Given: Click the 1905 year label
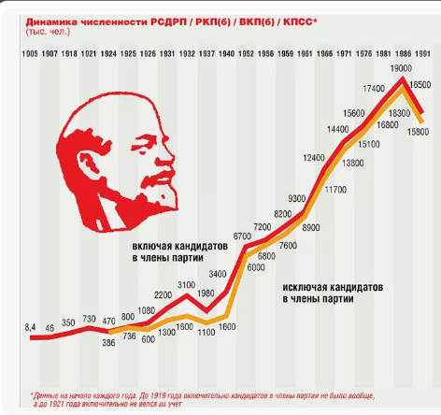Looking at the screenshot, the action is point(30,54).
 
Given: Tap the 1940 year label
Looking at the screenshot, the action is point(226,54).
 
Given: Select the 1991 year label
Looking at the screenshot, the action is point(422,54).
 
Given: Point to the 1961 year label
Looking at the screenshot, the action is point(305,54).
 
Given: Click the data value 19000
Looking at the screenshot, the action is point(401,68).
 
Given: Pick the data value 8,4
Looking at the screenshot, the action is point(30,327).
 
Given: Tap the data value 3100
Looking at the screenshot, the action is point(186,285).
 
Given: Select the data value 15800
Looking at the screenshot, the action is point(418,132).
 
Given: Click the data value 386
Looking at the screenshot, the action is point(108,343).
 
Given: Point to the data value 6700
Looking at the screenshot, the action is point(242,236).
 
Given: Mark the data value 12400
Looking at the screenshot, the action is point(314,158).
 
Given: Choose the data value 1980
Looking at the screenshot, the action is point(206,293).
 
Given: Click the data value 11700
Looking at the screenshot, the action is point(335,190).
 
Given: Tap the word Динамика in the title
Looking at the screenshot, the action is point(51,22).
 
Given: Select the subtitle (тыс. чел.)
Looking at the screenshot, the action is point(48,32).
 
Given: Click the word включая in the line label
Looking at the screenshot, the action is point(151,246).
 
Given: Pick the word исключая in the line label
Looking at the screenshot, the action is point(304,287).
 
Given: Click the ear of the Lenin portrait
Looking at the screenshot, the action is point(89,162).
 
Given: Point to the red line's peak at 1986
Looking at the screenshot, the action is point(403,78).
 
